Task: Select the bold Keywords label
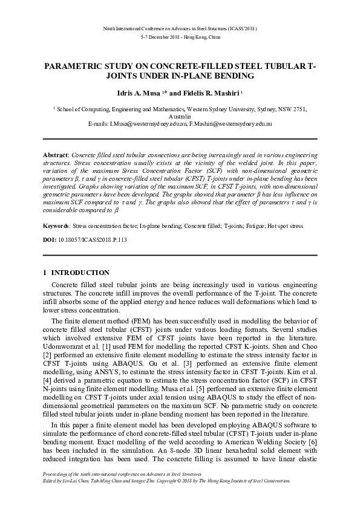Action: [57, 225]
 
